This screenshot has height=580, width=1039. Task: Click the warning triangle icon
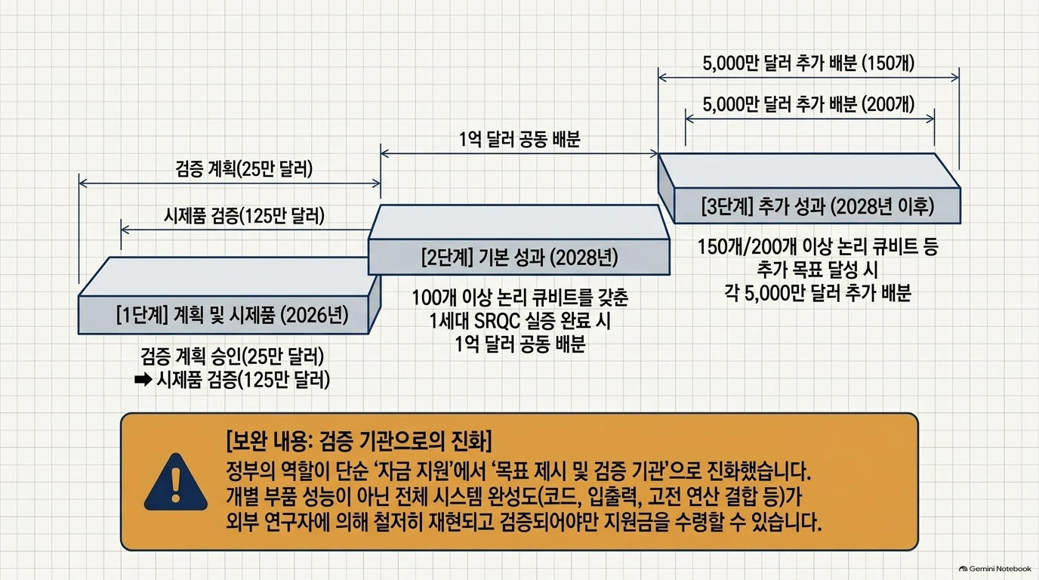click(x=175, y=482)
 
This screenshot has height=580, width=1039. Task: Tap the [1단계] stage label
click(x=142, y=316)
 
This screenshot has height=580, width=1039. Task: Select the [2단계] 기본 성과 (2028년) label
click(x=519, y=258)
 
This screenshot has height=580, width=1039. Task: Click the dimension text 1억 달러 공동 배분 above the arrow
click(x=519, y=139)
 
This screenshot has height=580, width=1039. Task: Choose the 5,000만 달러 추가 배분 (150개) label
click(x=809, y=63)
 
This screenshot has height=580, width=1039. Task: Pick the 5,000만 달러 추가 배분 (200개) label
click(x=809, y=104)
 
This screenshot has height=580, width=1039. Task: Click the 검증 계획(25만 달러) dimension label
click(x=244, y=169)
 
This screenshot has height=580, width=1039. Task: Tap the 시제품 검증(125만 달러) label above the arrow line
click(x=244, y=216)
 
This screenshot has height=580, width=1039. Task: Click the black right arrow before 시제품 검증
click(x=143, y=381)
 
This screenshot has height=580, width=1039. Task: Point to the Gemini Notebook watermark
click(x=995, y=569)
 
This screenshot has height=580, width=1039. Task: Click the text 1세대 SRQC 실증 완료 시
click(x=520, y=321)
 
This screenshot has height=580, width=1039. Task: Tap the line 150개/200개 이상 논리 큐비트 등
click(x=819, y=247)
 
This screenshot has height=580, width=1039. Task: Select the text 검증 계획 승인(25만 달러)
click(x=233, y=356)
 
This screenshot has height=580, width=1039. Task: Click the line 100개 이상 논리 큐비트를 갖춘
click(x=520, y=298)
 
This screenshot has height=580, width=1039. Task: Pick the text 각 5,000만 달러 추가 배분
click(x=819, y=293)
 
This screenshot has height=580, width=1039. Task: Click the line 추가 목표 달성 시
click(x=817, y=270)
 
